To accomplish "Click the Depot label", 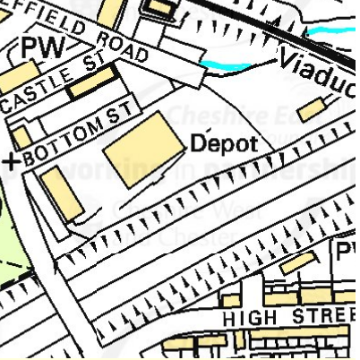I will click(x=224, y=144).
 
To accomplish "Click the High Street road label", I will click(x=277, y=317).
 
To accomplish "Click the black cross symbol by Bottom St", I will click(x=11, y=161).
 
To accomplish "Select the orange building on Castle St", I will click(x=91, y=82).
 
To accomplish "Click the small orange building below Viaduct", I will click(x=310, y=110).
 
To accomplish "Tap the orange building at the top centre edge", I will click(x=161, y=8).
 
